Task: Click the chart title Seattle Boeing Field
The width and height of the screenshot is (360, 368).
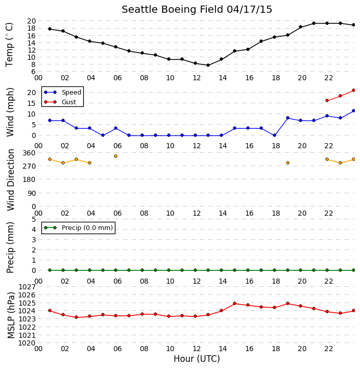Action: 173,10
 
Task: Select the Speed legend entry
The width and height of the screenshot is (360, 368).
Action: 62,92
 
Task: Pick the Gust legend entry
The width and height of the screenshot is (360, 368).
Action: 60,102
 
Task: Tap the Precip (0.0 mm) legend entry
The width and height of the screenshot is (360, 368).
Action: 78,227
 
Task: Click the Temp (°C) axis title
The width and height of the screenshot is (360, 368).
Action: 9,44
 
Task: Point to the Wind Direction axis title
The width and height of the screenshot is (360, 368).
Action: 11,180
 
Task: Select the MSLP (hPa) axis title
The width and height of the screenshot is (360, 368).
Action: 11,315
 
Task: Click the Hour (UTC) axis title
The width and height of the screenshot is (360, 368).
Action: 197,359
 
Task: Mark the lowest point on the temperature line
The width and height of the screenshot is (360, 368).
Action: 208,65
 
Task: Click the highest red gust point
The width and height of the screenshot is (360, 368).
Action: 354,90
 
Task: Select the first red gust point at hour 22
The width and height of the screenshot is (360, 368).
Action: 327,101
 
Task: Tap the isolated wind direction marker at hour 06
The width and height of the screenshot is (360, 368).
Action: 115,156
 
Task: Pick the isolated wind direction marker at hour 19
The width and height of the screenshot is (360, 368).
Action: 288,163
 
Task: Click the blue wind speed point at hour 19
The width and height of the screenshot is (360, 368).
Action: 288,118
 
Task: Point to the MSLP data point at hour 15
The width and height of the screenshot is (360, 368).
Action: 234,304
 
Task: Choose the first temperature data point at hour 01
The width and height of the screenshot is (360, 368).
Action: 50,29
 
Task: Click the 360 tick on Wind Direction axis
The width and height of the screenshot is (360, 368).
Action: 30,153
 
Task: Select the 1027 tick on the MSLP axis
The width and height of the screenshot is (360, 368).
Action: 27,287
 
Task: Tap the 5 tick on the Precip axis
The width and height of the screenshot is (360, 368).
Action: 34,219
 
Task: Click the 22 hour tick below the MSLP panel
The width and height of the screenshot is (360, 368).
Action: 328,349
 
